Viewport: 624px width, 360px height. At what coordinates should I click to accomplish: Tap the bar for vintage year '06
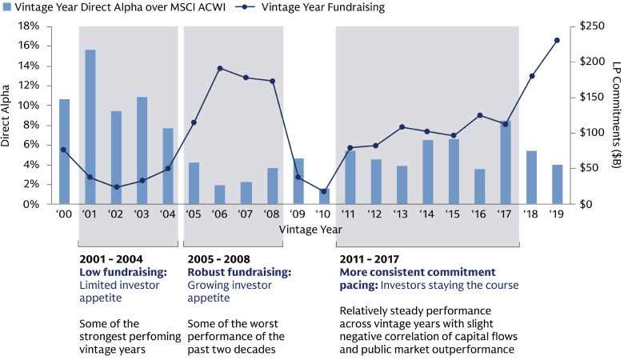click(220, 194)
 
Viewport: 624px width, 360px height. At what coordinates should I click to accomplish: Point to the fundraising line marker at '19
click(558, 40)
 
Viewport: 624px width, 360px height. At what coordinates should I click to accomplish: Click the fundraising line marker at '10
click(324, 191)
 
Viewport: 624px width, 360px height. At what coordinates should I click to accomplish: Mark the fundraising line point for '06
click(220, 68)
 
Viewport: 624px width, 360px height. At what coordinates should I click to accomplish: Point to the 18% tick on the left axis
click(29, 26)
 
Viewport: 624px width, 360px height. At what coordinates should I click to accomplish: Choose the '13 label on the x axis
click(402, 216)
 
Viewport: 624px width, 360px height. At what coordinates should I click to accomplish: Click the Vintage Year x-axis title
click(311, 229)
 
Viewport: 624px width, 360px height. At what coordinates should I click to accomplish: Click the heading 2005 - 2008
click(218, 260)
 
